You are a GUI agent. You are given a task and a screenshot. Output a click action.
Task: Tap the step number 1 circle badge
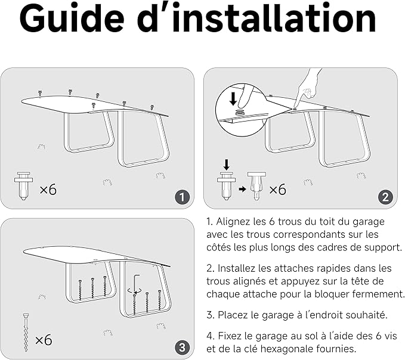tap(183, 197)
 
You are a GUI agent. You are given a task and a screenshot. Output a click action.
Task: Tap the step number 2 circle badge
tap(385, 197)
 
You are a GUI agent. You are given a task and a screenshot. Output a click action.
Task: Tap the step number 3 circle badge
tap(183, 347)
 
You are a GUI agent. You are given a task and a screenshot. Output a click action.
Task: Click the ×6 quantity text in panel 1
tap(48, 190)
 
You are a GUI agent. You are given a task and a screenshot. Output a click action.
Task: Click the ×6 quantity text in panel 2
tap(277, 190)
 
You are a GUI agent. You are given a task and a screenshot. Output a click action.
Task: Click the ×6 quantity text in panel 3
tap(43, 340)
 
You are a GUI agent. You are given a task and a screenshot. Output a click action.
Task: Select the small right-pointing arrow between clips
tap(242, 188)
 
